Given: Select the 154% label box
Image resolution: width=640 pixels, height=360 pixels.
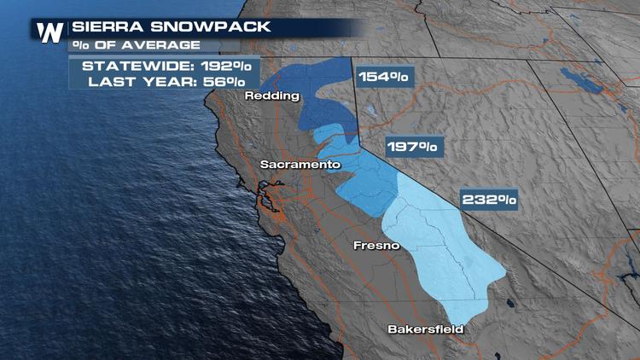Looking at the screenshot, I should click(383, 77).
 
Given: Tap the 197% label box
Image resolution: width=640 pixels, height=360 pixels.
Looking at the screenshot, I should click(412, 147).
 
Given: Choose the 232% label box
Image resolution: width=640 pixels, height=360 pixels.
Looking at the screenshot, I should click(489, 200).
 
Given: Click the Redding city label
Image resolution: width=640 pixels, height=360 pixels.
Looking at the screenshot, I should click(272, 96).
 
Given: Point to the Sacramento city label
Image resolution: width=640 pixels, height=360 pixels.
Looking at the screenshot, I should click(300, 164).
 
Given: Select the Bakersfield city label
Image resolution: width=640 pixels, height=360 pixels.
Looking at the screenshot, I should click(425, 328).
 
